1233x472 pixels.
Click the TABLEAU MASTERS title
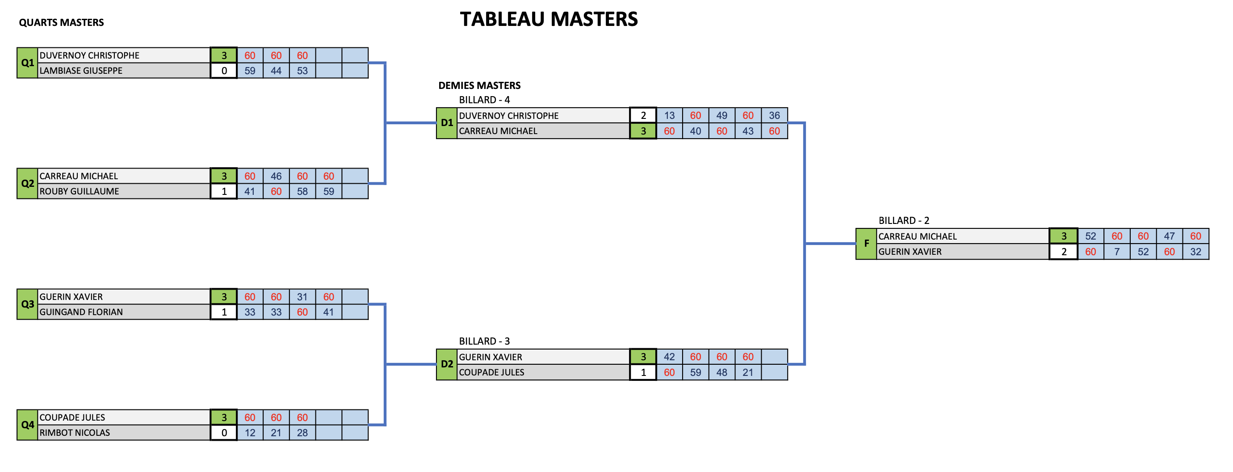pos(549,19)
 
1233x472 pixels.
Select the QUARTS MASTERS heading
pos(61,22)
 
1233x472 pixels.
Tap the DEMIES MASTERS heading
pos(479,85)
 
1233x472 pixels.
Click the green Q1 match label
pos(27,63)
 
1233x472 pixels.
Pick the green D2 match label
pos(447,364)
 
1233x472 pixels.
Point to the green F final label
pos(866,244)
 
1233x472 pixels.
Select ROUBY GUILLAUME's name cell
pos(123,191)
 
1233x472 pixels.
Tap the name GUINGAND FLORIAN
pos(81,312)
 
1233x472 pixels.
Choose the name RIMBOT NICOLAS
pos(75,433)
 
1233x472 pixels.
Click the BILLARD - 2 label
pos(904,220)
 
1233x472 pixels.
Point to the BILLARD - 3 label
pos(484,341)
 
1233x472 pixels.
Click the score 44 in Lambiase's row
pos(276,71)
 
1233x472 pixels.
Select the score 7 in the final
pos(1117,252)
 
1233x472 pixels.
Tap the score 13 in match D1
pos(669,115)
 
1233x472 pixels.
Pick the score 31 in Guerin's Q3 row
pos(302,297)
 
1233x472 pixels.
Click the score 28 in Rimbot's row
pos(302,433)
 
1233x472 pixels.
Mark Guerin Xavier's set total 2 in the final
pos(1064,252)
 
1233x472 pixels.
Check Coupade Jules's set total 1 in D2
pos(643,372)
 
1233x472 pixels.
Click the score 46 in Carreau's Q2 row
pos(276,176)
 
